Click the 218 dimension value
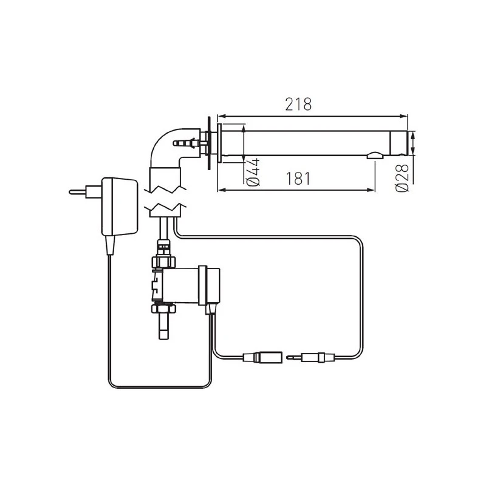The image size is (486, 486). click(298, 104)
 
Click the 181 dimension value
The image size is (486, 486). click(298, 179)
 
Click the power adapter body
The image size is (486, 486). click(120, 207)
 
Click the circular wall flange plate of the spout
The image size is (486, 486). click(209, 143)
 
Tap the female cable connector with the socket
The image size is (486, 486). click(262, 357)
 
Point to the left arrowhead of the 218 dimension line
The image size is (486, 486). click(221, 115)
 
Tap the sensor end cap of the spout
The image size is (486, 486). click(399, 144)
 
